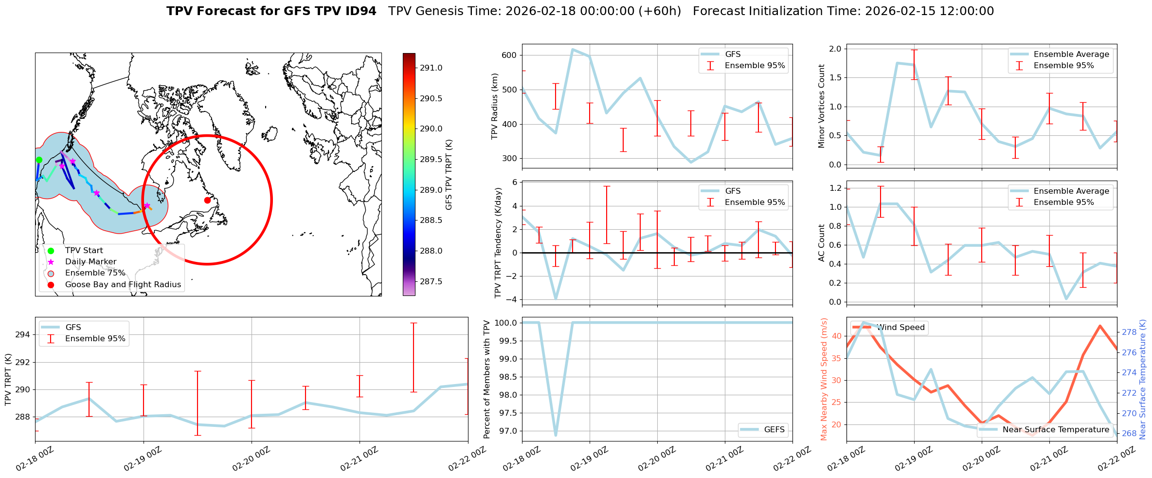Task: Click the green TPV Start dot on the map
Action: (x=39, y=160)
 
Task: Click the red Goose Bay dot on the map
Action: (x=207, y=200)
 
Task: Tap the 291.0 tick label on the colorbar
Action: (x=431, y=68)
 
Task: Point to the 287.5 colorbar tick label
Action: (x=431, y=281)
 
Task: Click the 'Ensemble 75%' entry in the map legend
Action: (x=95, y=273)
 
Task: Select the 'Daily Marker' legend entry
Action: (x=90, y=262)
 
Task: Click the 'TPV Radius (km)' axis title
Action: (x=495, y=106)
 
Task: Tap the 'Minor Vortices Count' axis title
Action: (x=821, y=106)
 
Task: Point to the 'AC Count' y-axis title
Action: (x=821, y=243)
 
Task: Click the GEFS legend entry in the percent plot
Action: (x=774, y=430)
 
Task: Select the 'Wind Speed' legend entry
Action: (x=901, y=328)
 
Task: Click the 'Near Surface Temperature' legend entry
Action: (x=1056, y=430)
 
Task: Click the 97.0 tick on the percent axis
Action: (x=506, y=431)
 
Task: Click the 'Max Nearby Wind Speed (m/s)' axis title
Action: (x=824, y=379)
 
